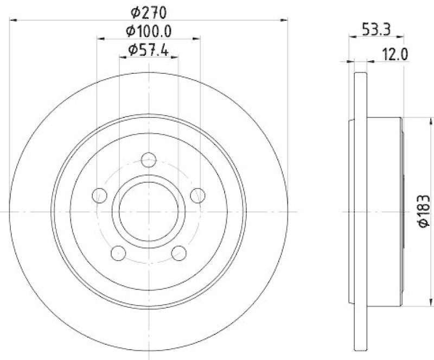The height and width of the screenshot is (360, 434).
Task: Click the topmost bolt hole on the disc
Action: point(149,160)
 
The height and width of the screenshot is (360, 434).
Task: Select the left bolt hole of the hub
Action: point(99,195)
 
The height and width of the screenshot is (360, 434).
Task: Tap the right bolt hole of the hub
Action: point(198,195)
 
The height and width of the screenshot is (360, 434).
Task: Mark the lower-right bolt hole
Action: point(179,253)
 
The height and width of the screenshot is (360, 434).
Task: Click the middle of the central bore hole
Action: point(149,211)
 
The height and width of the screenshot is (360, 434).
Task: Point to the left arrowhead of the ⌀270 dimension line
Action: point(14,20)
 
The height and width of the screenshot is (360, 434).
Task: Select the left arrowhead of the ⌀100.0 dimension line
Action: point(100,39)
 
